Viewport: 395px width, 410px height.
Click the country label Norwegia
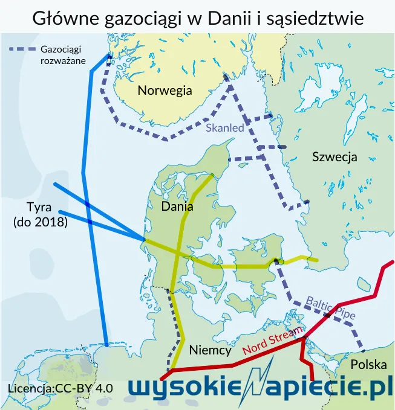point(165,91)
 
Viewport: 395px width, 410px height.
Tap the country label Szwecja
point(335,157)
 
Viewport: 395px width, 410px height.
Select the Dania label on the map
point(177,207)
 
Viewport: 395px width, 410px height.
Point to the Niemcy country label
point(210,350)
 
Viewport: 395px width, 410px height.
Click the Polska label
point(368,365)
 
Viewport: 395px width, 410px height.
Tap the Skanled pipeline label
point(224,128)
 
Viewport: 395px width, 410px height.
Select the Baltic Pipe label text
point(330,308)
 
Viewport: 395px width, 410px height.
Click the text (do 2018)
point(40,222)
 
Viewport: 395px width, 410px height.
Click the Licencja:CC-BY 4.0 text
point(60,388)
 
